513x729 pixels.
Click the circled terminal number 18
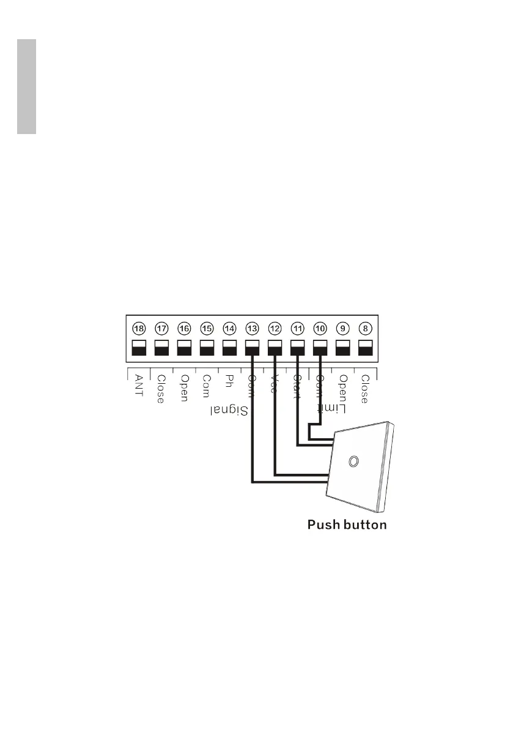point(139,328)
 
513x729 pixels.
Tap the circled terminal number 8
point(365,328)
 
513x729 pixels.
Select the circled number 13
point(252,328)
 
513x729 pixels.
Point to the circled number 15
point(207,328)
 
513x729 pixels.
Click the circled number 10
point(320,328)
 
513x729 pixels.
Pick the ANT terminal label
point(139,386)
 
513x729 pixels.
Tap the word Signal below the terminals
point(229,410)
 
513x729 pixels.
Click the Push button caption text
point(347,525)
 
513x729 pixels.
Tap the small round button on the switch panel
point(353,461)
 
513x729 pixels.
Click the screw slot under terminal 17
point(161,348)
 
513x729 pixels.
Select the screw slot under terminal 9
point(342,348)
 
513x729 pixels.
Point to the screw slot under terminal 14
point(229,348)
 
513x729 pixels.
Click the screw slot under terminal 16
point(184,348)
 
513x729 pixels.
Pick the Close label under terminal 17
point(161,389)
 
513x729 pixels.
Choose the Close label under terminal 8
point(364,389)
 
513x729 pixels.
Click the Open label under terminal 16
point(183,388)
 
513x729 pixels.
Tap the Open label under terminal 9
point(343,388)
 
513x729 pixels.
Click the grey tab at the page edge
point(26,87)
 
